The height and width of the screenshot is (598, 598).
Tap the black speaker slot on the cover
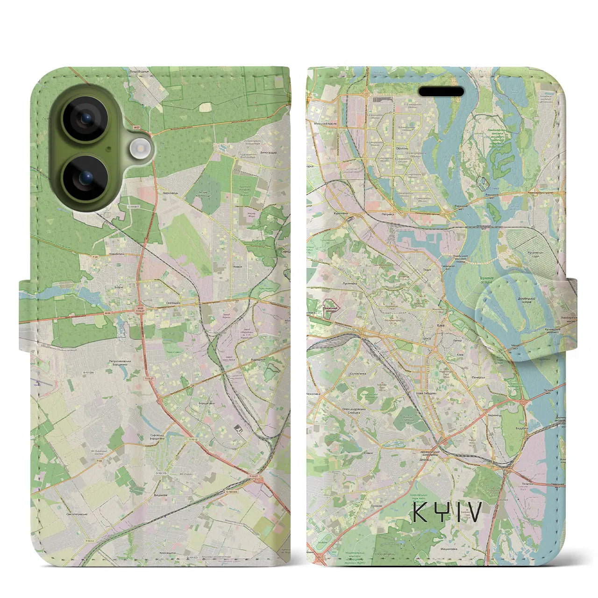[x=441, y=92]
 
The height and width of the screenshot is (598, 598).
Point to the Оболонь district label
[x=402, y=148]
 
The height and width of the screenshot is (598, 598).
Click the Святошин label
[x=173, y=303]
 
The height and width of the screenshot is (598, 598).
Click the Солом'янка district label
[x=361, y=373]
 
